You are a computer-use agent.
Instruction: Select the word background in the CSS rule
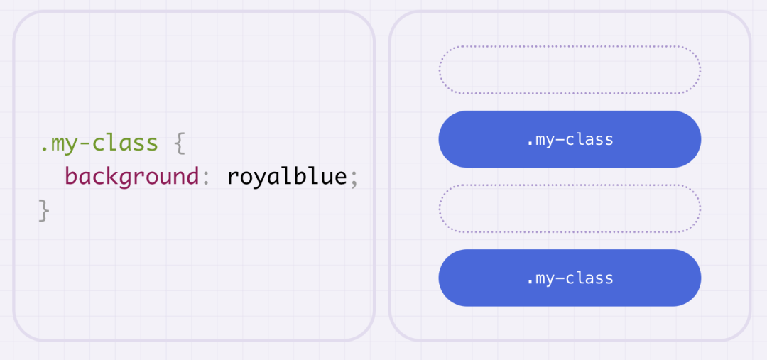[131, 177]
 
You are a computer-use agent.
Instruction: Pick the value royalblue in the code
[287, 175]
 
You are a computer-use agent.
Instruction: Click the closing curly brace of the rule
[44, 210]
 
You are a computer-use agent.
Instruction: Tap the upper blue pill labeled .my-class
[570, 139]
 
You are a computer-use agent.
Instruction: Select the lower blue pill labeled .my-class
[570, 278]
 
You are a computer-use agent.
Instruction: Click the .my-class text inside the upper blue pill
[570, 140]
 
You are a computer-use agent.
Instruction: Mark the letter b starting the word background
[71, 175]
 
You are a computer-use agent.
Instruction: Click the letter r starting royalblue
[234, 178]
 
